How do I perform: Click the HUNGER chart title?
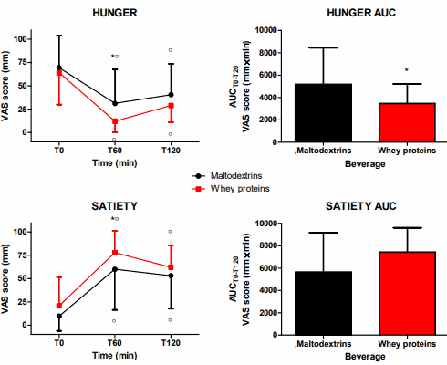(114, 13)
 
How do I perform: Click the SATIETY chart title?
(114, 206)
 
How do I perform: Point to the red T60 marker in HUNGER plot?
(115, 121)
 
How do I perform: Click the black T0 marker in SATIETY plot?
(59, 317)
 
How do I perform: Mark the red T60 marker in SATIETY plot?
(115, 253)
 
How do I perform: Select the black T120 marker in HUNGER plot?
(170, 95)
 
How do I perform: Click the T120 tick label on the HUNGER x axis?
(170, 150)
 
